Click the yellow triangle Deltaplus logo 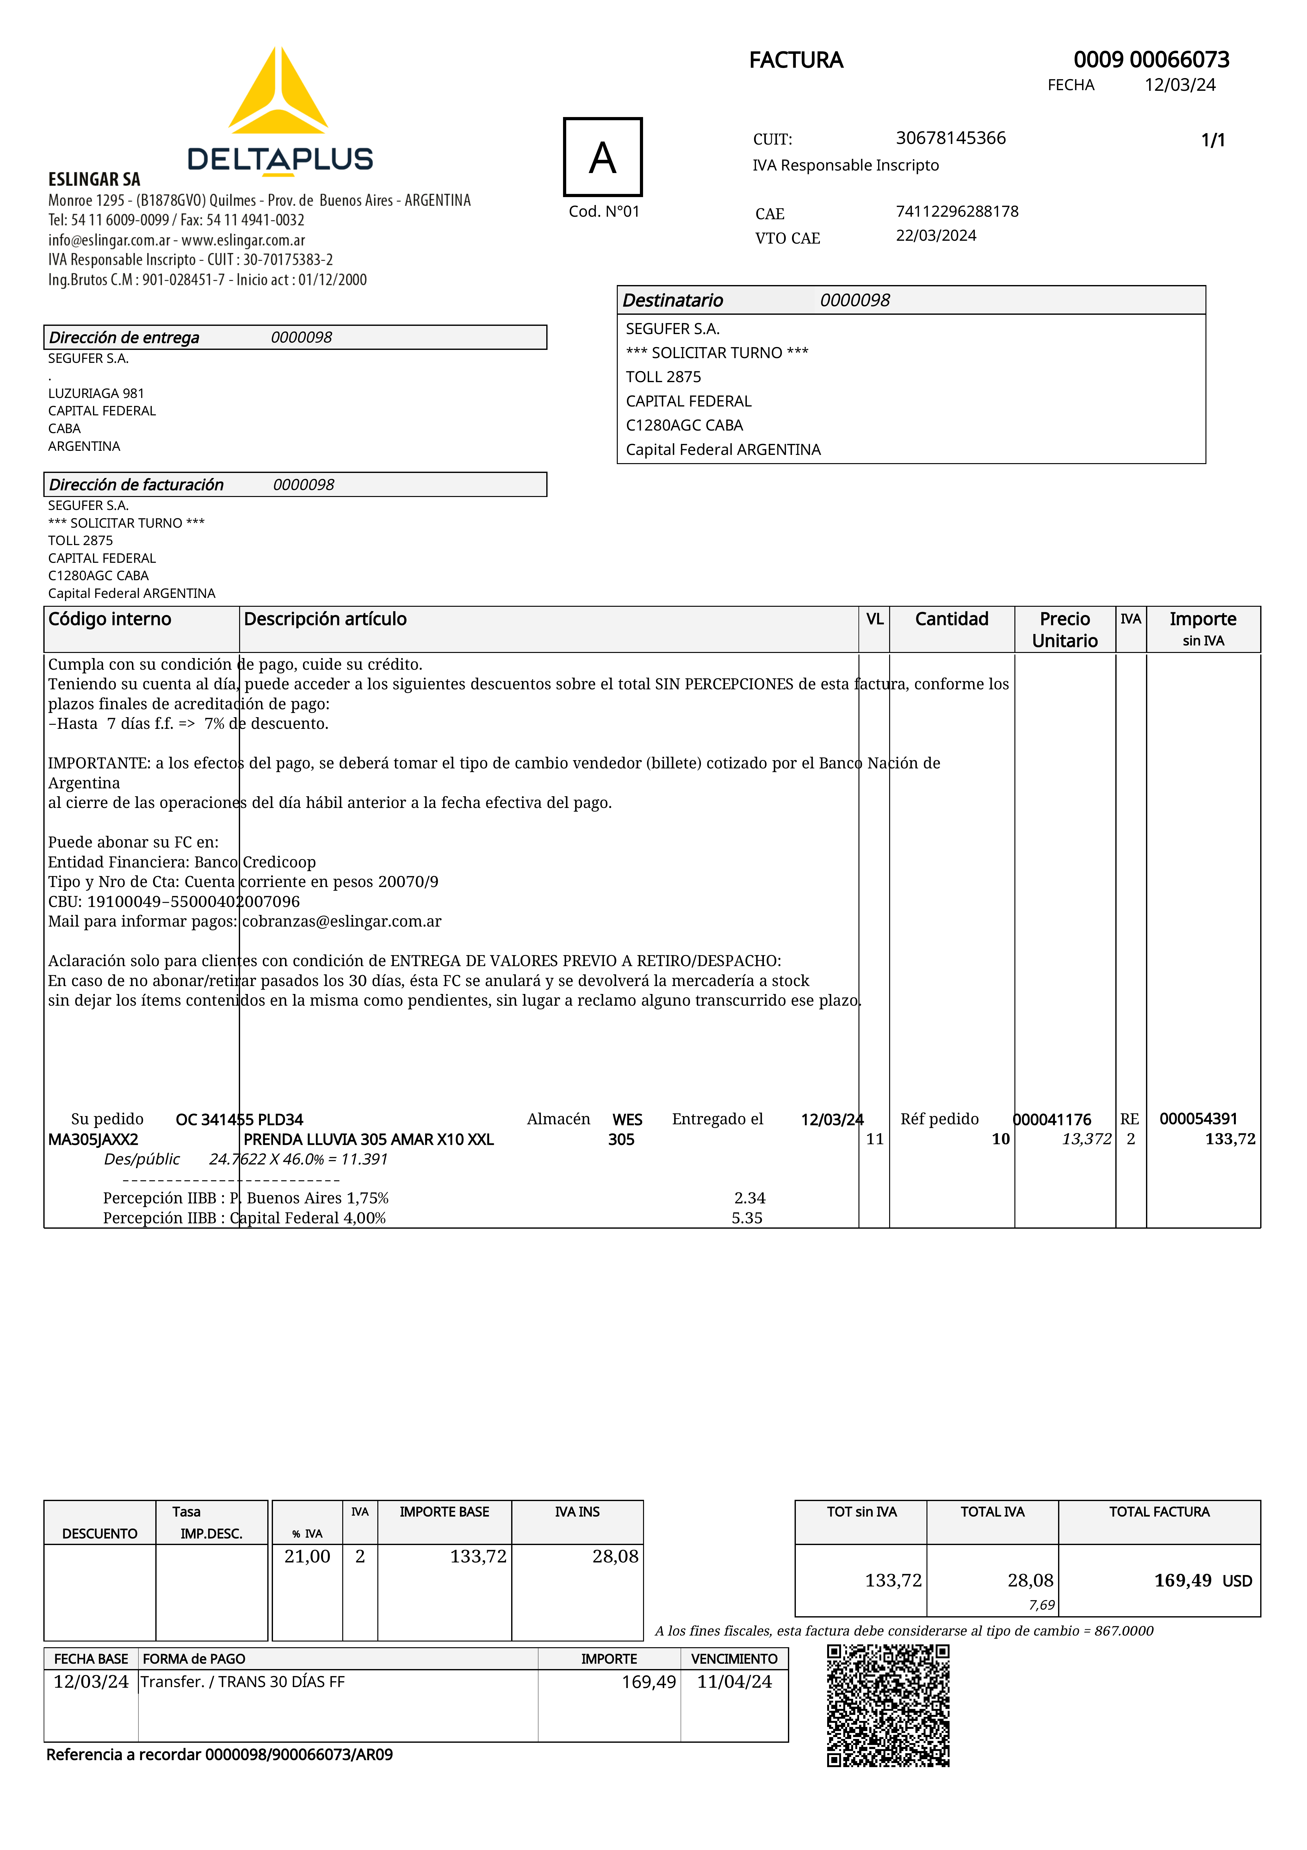click(278, 93)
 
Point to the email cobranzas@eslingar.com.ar click(342, 921)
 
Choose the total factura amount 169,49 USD click(1202, 1580)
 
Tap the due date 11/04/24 click(734, 1682)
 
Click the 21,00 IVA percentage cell click(307, 1556)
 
